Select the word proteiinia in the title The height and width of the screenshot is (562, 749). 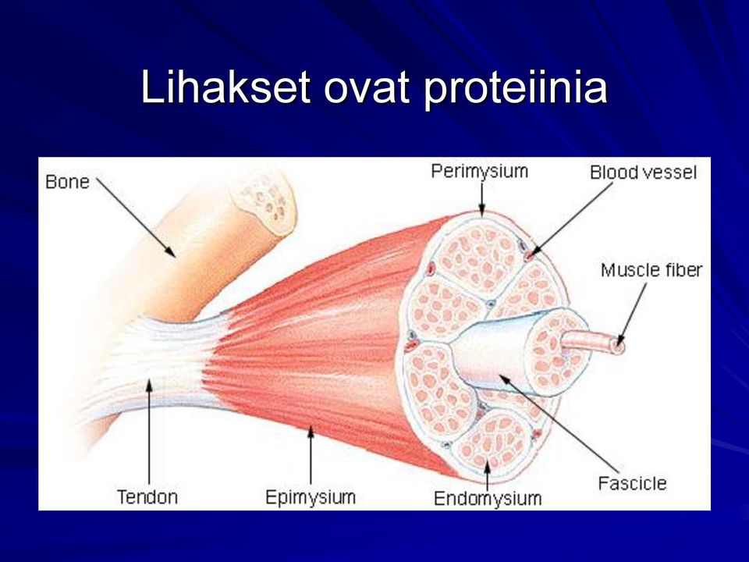(516, 90)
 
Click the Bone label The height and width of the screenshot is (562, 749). (67, 182)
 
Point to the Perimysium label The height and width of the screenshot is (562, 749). (480, 171)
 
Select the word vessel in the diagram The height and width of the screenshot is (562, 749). (668, 173)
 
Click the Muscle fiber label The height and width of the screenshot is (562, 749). (651, 270)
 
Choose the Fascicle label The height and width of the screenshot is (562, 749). (632, 483)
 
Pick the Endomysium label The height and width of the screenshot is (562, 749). (488, 499)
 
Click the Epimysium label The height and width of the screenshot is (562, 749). (311, 497)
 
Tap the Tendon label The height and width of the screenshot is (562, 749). (147, 497)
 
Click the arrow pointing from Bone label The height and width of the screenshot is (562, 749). (136, 218)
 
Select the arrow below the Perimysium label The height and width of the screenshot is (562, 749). (482, 200)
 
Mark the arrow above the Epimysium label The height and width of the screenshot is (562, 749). (311, 455)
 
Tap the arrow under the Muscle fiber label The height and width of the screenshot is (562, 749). (633, 314)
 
